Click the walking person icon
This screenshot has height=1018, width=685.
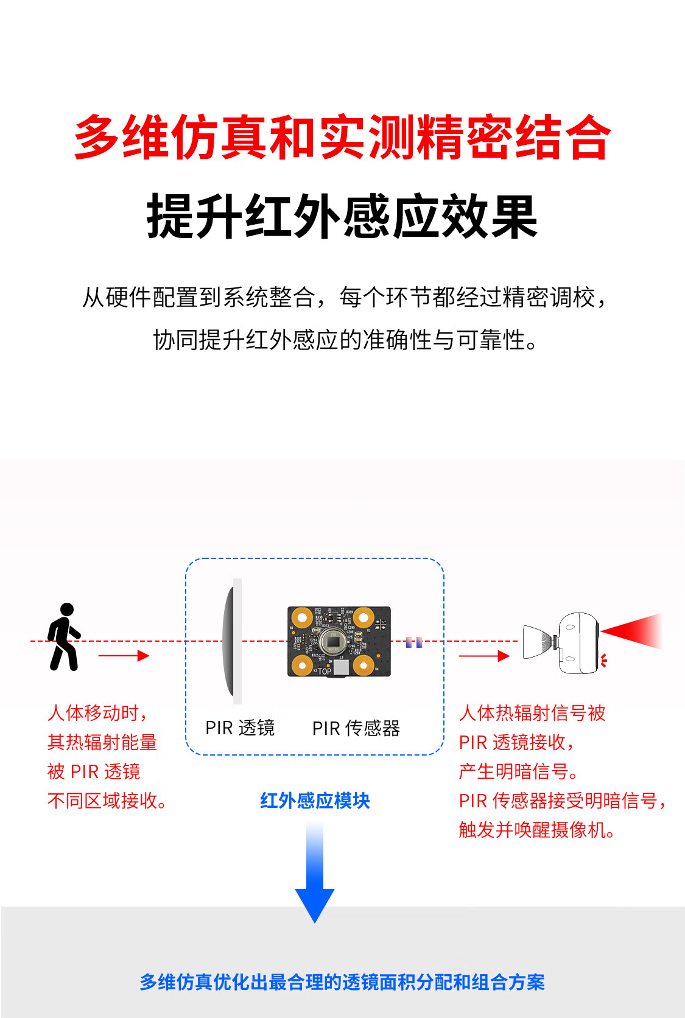64,636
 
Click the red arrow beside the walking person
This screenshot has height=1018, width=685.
124,655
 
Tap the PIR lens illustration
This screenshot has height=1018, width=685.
232,641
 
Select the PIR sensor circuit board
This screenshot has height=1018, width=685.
339,641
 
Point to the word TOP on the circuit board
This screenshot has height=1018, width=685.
325,671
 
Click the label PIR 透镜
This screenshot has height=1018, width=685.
239,728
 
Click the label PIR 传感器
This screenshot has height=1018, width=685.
356,728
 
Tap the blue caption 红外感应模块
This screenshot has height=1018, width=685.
315,800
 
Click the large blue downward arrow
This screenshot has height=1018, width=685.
315,872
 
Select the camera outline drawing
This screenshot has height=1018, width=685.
561,642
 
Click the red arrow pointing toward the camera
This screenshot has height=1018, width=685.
484,656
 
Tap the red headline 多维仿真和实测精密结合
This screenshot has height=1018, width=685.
342,137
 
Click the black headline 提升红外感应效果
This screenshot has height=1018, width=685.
342,216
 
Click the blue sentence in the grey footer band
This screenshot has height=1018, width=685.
342,981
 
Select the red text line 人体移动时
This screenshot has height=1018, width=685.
97,713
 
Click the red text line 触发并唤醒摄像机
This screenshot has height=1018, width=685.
537,830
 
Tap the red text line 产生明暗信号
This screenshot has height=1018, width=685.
518,771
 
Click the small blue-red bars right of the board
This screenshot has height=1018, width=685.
413,642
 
